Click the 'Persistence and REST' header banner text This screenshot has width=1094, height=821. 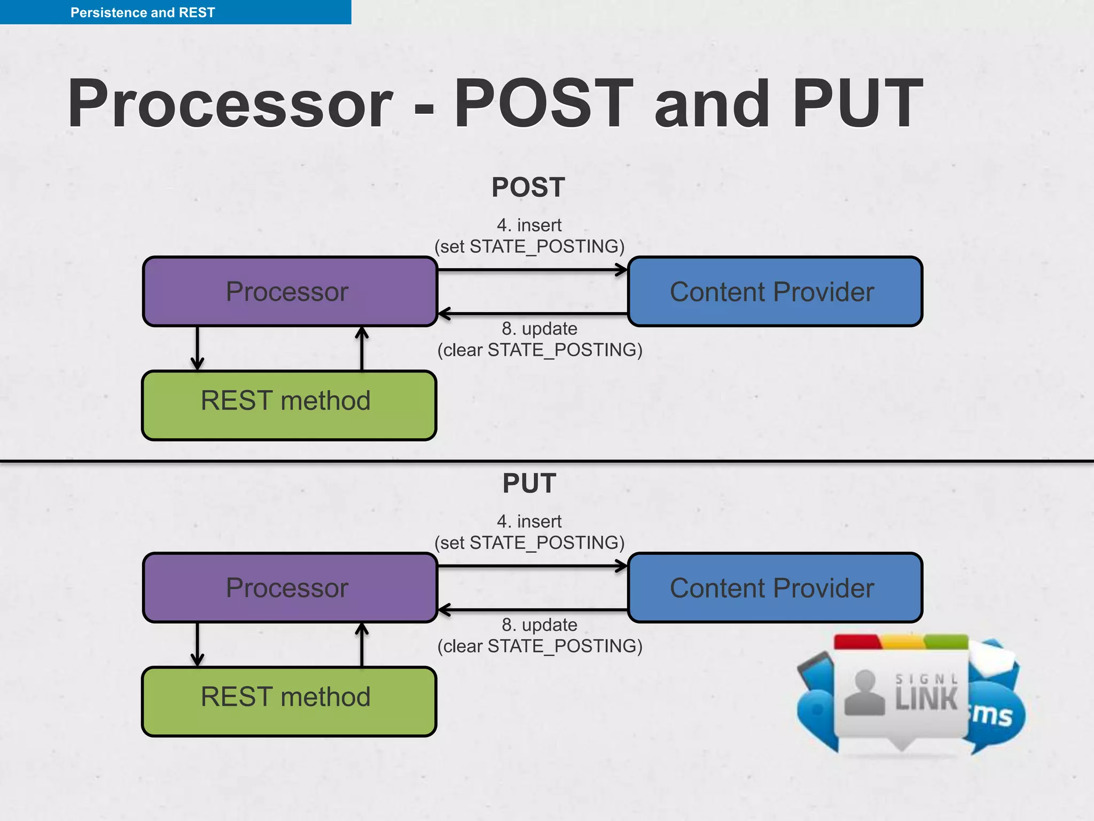[x=143, y=12]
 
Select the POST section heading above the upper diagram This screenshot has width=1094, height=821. [x=528, y=188]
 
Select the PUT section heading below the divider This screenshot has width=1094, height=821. [x=529, y=483]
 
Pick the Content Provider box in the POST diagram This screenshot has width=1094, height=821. [x=774, y=292]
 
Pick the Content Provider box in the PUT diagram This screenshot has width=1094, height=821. [x=774, y=588]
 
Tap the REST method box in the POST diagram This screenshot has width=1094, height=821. [x=288, y=405]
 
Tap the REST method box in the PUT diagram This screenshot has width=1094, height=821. [x=288, y=701]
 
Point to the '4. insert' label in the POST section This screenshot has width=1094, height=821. [x=529, y=225]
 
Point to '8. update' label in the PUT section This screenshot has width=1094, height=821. [x=540, y=624]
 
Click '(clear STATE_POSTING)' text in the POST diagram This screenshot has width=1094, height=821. [x=540, y=350]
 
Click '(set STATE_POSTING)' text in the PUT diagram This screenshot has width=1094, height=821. [x=529, y=543]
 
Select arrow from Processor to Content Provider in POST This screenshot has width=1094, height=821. [x=532, y=270]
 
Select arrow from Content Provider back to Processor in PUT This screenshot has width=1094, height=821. [x=532, y=609]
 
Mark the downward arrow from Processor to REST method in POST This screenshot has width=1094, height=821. [x=197, y=348]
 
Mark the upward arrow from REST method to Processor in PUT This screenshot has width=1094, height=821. [x=362, y=645]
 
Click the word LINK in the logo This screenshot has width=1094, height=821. [x=926, y=699]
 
